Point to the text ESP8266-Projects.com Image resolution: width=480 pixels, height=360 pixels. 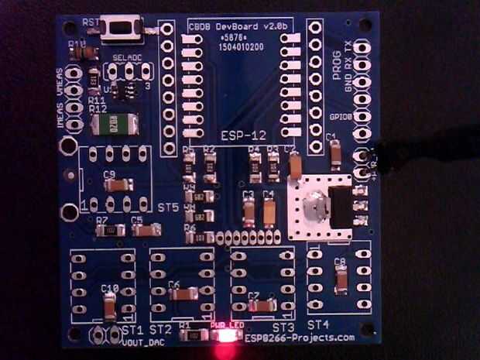pos(300,338)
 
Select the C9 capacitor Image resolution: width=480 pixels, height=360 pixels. pos(118,186)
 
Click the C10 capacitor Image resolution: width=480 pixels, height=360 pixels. pos(110,306)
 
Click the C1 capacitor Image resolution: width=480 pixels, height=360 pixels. pos(334,155)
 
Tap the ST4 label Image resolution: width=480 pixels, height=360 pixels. pos(318,324)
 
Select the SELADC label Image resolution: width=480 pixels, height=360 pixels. pos(128,57)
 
